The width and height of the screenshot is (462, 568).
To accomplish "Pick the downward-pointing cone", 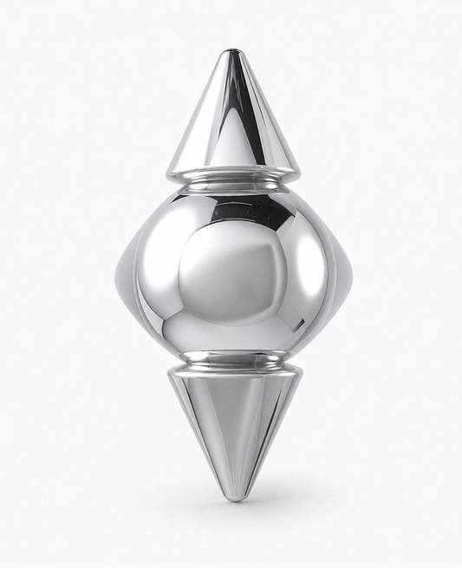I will tap(231, 425).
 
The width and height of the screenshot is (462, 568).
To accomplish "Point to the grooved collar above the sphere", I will tap(231, 181).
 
